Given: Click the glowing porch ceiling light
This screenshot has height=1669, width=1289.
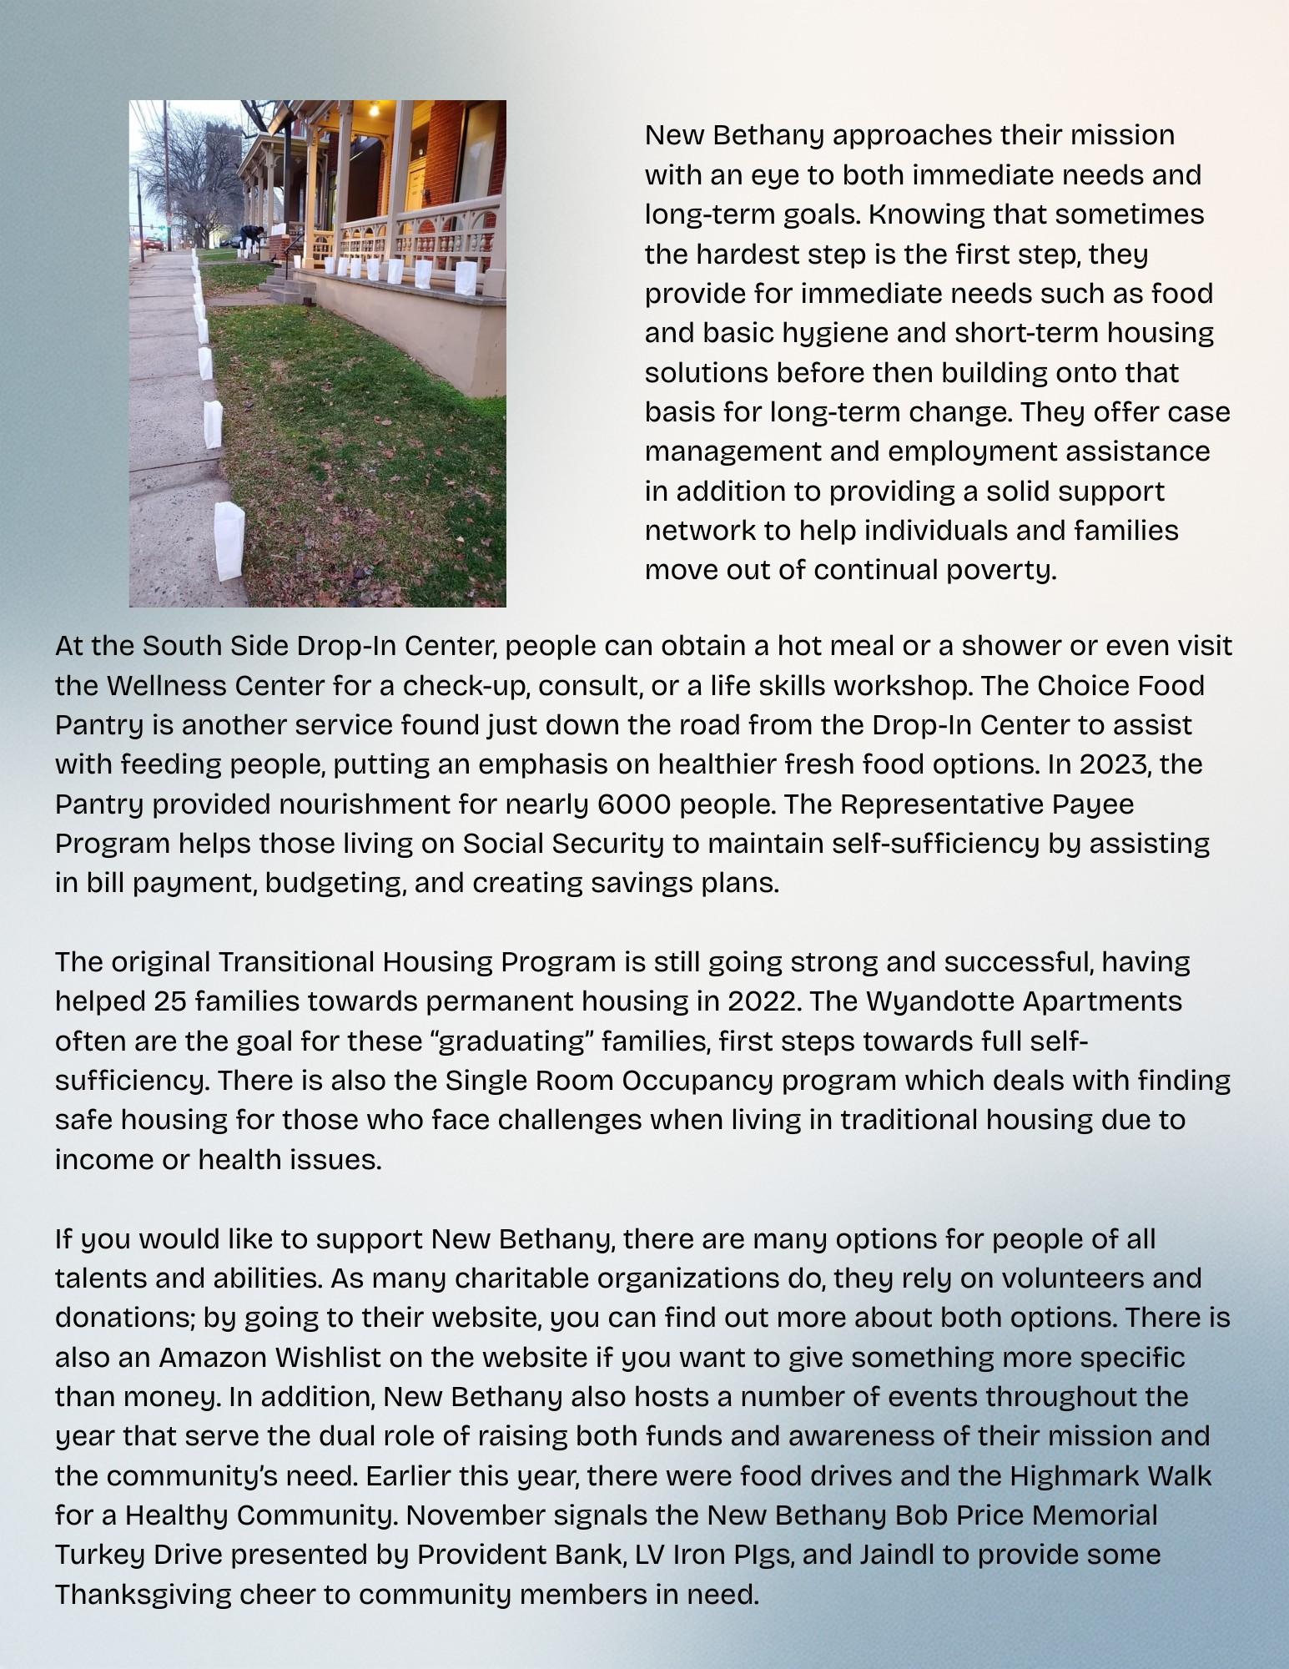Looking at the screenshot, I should (374, 108).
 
